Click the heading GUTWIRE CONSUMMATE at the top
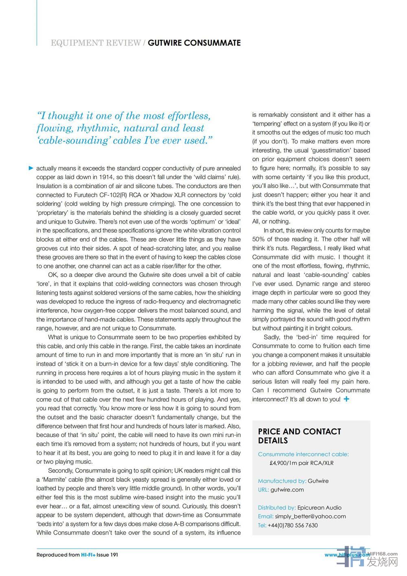[194, 43]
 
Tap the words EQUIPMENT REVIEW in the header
[96, 43]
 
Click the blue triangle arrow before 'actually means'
[31, 168]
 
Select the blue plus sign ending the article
[346, 399]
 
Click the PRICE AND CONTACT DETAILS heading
[299, 436]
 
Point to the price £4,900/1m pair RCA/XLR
[302, 463]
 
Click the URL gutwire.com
[287, 490]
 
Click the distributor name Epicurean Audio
[319, 508]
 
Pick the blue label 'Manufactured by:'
[282, 481]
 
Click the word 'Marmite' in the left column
[54, 479]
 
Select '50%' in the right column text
[258, 239]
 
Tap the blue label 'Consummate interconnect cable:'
[303, 454]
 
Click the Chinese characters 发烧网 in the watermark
[382, 563]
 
